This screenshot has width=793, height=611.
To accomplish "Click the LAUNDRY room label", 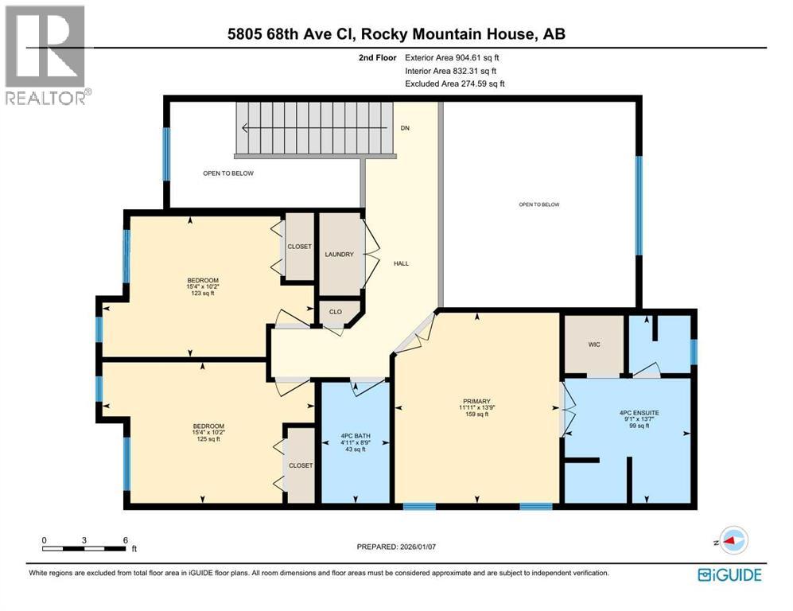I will click(339, 255).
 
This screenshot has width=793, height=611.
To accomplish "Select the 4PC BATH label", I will click(353, 435).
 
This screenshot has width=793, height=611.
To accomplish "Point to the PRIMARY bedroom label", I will click(476, 401).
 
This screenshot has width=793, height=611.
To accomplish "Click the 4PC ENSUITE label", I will click(639, 413).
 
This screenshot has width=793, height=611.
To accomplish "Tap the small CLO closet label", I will click(335, 312).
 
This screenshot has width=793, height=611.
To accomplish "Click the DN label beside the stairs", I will click(405, 127).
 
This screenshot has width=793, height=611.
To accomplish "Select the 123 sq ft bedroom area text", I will click(202, 294).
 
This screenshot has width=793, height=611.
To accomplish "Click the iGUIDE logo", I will click(729, 574).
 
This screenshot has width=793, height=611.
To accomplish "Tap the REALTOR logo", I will click(46, 56).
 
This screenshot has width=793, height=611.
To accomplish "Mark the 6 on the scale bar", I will click(125, 540).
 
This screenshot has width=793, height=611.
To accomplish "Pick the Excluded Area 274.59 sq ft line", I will click(455, 84).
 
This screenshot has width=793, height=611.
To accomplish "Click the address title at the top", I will click(397, 33).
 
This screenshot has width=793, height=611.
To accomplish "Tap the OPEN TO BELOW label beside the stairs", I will click(227, 173).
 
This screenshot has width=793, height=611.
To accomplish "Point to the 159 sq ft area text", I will click(476, 414).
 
